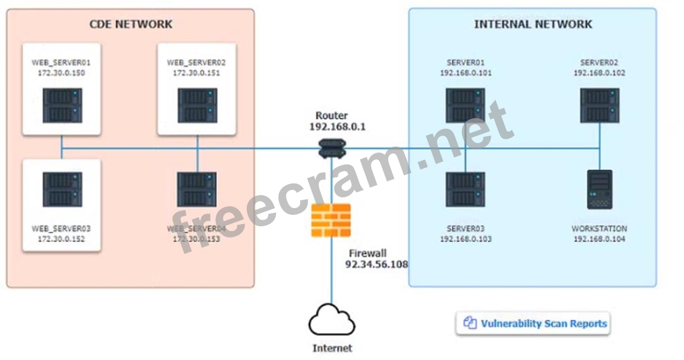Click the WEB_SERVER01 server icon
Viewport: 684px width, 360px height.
62,105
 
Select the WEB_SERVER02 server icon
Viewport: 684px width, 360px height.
197,105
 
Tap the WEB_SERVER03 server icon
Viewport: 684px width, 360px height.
62,189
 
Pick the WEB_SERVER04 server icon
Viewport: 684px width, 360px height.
197,189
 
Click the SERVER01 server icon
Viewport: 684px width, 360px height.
465,105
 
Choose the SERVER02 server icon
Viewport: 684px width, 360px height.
599,105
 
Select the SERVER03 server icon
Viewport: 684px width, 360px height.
465,189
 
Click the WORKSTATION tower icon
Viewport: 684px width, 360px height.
599,189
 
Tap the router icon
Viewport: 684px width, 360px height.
332,148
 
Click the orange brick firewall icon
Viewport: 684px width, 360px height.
331,220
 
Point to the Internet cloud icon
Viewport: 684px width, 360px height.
332,320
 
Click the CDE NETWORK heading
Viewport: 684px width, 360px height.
131,24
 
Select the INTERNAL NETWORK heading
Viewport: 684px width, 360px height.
533,24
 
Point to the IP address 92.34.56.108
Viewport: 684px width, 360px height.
376,264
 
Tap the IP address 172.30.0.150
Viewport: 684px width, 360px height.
61,73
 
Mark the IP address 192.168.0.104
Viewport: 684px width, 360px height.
599,239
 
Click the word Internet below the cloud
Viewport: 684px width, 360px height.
332,348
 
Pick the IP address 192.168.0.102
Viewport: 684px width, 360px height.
599,73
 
